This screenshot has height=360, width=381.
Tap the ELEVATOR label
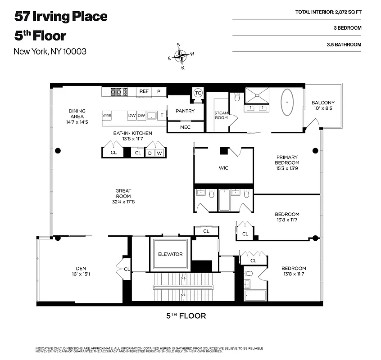(170, 254)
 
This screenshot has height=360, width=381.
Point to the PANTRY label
(185, 111)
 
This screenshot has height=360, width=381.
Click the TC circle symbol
(198, 93)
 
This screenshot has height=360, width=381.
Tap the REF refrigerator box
(144, 91)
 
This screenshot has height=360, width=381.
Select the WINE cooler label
(107, 116)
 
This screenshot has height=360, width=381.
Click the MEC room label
(185, 127)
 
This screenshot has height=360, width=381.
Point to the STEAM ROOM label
(221, 116)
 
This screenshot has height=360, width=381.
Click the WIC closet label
(223, 168)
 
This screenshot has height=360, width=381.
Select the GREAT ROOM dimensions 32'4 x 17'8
(123, 202)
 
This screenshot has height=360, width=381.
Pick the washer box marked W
(159, 153)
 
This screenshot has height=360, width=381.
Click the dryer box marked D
(150, 153)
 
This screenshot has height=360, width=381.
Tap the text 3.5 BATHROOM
(344, 45)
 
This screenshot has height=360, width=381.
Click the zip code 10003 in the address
(74, 51)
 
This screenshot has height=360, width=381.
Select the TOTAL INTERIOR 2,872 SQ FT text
(328, 12)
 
